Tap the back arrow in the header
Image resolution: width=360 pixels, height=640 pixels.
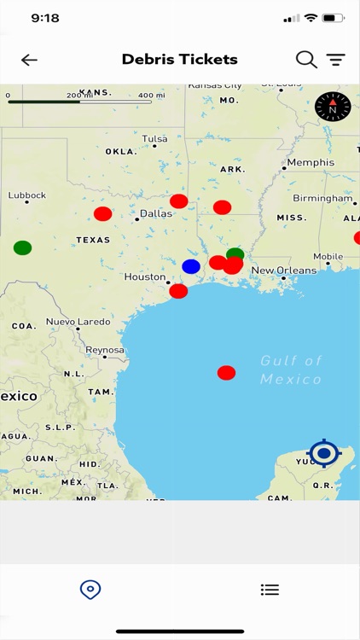point(30,60)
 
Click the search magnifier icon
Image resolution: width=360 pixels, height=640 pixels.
point(306,60)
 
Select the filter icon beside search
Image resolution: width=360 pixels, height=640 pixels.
point(336,60)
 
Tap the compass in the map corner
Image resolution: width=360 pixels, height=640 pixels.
point(333,107)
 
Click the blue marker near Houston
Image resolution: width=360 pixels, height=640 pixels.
point(191,266)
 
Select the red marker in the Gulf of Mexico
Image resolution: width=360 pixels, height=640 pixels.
point(226,373)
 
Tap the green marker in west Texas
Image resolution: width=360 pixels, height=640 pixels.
point(23,248)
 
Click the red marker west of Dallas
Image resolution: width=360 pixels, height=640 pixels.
point(102,214)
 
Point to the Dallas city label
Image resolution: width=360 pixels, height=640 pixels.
point(156,214)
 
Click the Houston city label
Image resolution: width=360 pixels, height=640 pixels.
point(145,277)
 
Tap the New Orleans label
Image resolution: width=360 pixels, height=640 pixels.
point(284,271)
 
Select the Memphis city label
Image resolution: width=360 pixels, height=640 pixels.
point(311,163)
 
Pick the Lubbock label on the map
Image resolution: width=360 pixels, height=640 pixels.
point(27,195)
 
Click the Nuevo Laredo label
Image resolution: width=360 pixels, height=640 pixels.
point(78,323)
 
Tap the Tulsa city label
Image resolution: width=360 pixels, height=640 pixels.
point(155,139)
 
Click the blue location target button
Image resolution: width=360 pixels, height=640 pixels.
point(324,453)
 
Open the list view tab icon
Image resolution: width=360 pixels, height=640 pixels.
point(270,590)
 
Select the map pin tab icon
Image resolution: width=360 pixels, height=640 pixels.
point(90,590)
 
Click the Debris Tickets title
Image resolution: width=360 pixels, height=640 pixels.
point(179,60)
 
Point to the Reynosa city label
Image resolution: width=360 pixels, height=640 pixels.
point(105,351)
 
